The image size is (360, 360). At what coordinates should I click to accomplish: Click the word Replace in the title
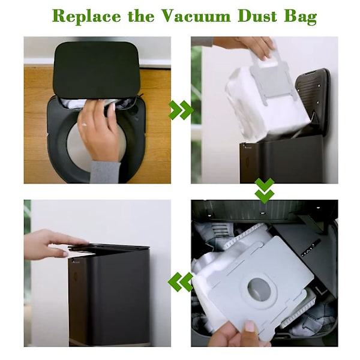(x=86, y=16)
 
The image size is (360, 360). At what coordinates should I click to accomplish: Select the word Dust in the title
(x=257, y=16)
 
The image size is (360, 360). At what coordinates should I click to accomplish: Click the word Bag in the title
(x=301, y=17)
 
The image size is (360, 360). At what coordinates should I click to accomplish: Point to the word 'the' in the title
(x=141, y=16)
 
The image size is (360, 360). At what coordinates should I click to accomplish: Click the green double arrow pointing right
(x=181, y=110)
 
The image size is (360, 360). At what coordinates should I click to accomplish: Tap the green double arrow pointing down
(x=265, y=191)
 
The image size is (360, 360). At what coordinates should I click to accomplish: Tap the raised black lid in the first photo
(x=97, y=69)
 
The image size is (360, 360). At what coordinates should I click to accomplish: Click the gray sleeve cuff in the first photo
(x=106, y=172)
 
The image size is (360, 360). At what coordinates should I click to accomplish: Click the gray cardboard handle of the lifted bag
(x=269, y=76)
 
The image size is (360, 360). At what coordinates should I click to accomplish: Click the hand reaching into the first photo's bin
(x=99, y=131)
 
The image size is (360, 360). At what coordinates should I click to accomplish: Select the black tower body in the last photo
(x=109, y=298)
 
